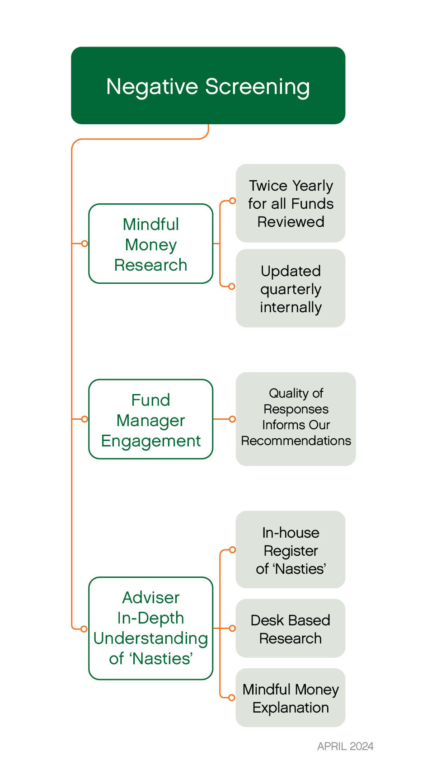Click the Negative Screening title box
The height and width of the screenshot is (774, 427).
click(208, 85)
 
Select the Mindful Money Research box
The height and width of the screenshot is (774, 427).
click(150, 244)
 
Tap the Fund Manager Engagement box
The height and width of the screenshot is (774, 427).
click(150, 419)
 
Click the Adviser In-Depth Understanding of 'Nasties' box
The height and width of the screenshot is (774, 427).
click(150, 628)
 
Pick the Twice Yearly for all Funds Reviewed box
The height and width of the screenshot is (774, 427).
click(291, 203)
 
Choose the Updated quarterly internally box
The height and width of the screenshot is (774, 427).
click(291, 288)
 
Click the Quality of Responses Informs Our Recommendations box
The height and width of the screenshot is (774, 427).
click(296, 419)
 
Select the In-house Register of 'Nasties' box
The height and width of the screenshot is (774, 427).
click(291, 550)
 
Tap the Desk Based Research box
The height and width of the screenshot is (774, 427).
click(291, 629)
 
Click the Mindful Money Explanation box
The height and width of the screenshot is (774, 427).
click(291, 698)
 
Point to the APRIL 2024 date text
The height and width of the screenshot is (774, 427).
click(345, 746)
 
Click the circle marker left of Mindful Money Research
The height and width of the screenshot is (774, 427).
click(84, 244)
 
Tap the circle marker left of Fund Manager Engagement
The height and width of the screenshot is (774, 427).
click(84, 419)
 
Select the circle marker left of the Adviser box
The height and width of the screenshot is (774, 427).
click(84, 629)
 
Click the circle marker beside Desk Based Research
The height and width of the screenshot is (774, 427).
click(232, 628)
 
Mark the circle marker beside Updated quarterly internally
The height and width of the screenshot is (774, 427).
click(232, 286)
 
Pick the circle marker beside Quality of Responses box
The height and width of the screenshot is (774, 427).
click(232, 419)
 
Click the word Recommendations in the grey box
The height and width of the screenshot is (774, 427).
click(296, 441)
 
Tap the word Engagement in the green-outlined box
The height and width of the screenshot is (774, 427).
click(150, 441)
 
